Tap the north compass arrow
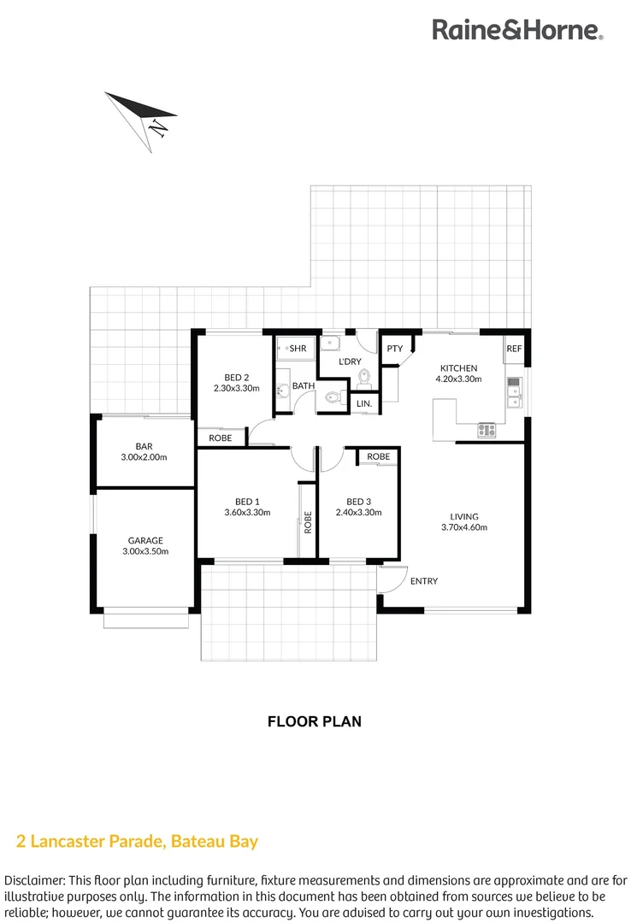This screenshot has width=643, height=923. coord(140,119)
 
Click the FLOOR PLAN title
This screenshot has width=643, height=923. coord(315,721)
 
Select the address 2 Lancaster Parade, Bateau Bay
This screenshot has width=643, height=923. coord(138,841)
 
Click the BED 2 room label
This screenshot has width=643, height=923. coord(237,377)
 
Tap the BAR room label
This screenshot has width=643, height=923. coord(144,446)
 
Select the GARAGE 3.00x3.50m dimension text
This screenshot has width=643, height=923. coord(145,551)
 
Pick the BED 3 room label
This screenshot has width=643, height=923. coord(358,502)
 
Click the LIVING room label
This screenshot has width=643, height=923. coord(464,516)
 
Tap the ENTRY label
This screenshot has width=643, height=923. coord(424,581)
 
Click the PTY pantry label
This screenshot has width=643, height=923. coord(394,349)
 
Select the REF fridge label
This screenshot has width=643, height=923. coord(514,349)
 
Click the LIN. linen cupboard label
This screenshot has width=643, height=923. coord(363,403)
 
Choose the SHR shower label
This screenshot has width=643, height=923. coord(298,349)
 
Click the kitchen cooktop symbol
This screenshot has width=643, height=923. coord(487,429)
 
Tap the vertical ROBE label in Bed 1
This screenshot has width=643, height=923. coord(307,521)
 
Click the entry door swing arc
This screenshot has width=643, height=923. coord(391,581)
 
